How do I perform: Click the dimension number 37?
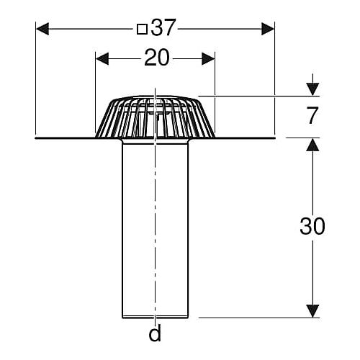pyautogui.click(x=163, y=27)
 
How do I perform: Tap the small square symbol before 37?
pyautogui.click(x=142, y=29)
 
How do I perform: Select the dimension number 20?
pyautogui.click(x=157, y=58)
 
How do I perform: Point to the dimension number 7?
pyautogui.click(x=312, y=115)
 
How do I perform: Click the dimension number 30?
pyautogui.click(x=312, y=226)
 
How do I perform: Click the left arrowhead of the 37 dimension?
pyautogui.click(x=42, y=29)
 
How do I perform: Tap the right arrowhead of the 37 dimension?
pyautogui.click(x=268, y=29)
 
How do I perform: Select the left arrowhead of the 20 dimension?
pyautogui.click(x=102, y=59)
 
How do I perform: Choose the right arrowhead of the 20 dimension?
pyautogui.click(x=208, y=59)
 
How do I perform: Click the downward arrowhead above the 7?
pyautogui.click(x=312, y=89)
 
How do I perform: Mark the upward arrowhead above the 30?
pyautogui.click(x=312, y=145)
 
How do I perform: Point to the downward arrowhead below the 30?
pyautogui.click(x=312, y=311)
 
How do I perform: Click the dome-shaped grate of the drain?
pyautogui.click(x=155, y=117)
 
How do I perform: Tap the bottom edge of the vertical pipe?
pyautogui.click(x=156, y=318)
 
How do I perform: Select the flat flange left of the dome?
pyautogui.click(x=66, y=138)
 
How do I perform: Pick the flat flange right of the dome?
pyautogui.click(x=245, y=138)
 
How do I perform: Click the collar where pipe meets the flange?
pyautogui.click(x=156, y=142)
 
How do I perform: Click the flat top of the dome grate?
pyautogui.click(x=155, y=96)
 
